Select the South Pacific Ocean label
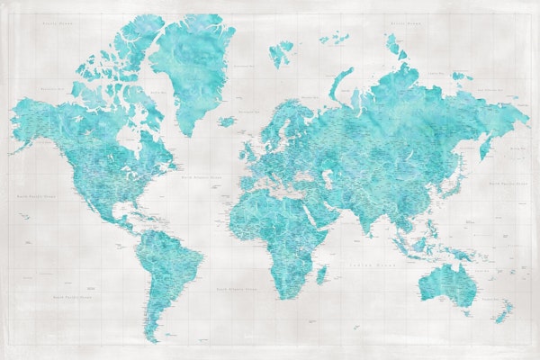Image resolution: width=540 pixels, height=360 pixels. pos(72,296)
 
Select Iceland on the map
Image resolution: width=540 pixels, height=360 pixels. pos(227,121)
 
